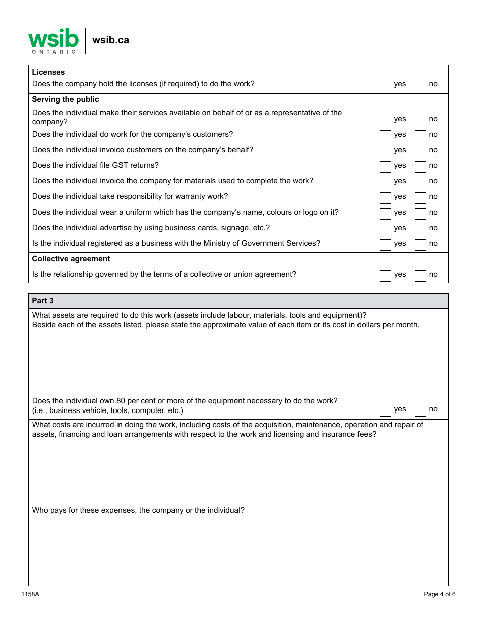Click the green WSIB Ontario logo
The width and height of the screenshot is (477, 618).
(x=53, y=41)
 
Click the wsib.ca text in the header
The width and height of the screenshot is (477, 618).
(x=110, y=40)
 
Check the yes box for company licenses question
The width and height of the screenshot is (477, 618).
(x=385, y=85)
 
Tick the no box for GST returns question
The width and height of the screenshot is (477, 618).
(x=420, y=167)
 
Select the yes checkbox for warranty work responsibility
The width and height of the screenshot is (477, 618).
(x=385, y=198)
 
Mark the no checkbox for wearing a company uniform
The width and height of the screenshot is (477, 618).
(x=420, y=214)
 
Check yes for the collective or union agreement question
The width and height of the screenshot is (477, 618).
(x=385, y=276)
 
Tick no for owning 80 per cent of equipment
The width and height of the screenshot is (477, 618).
(x=420, y=410)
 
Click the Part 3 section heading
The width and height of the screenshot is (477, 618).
(x=43, y=301)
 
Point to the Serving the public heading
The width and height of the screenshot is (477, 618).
(x=65, y=99)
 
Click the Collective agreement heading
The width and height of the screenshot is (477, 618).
(x=71, y=259)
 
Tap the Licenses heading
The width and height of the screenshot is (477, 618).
(x=48, y=72)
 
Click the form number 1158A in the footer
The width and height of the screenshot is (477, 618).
(x=30, y=594)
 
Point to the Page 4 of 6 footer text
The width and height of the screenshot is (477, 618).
(x=439, y=594)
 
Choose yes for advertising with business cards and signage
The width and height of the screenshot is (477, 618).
(x=385, y=229)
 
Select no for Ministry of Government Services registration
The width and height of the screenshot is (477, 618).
(x=420, y=245)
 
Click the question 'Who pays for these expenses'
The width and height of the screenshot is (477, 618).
(x=138, y=510)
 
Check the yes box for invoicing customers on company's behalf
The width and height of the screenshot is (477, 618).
(x=385, y=151)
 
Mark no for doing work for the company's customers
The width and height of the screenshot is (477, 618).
(x=420, y=136)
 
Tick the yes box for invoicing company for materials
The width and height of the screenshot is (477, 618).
(x=385, y=182)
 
